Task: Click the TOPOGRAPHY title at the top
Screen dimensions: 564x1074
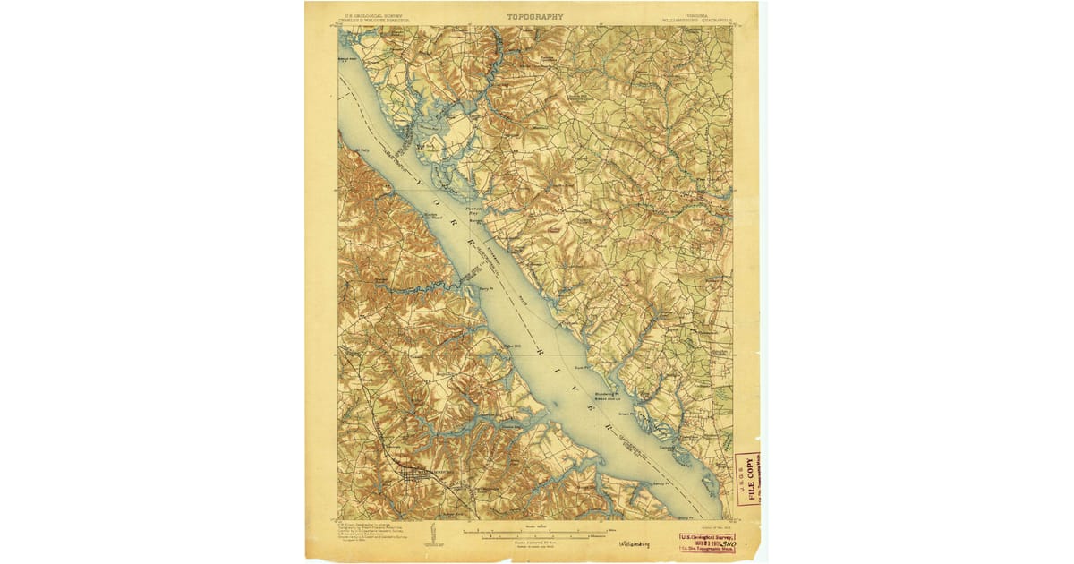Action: click(x=535, y=16)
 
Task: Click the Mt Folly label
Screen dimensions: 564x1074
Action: click(x=362, y=150)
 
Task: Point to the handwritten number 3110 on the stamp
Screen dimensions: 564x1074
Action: click(x=715, y=542)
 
